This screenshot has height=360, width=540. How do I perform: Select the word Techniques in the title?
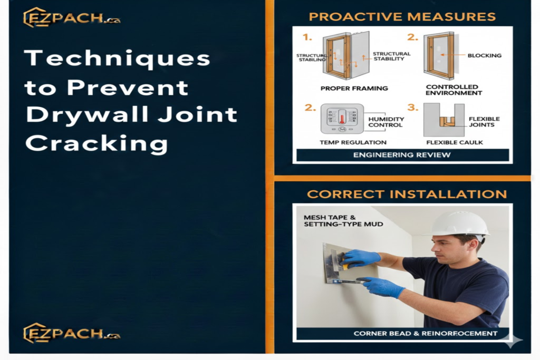pyautogui.click(x=117, y=58)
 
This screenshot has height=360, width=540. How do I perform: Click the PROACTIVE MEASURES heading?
pyautogui.click(x=402, y=17)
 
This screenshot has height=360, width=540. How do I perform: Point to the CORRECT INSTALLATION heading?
pyautogui.click(x=407, y=194)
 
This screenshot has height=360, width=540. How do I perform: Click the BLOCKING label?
pyautogui.click(x=485, y=55)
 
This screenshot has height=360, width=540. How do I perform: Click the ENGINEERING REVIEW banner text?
pyautogui.click(x=402, y=155)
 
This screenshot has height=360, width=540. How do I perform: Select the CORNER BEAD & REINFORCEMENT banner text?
pyautogui.click(x=425, y=333)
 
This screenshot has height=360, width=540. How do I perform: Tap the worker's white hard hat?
pyautogui.click(x=459, y=223)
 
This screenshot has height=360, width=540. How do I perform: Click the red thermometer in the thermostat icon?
pyautogui.click(x=342, y=117)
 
